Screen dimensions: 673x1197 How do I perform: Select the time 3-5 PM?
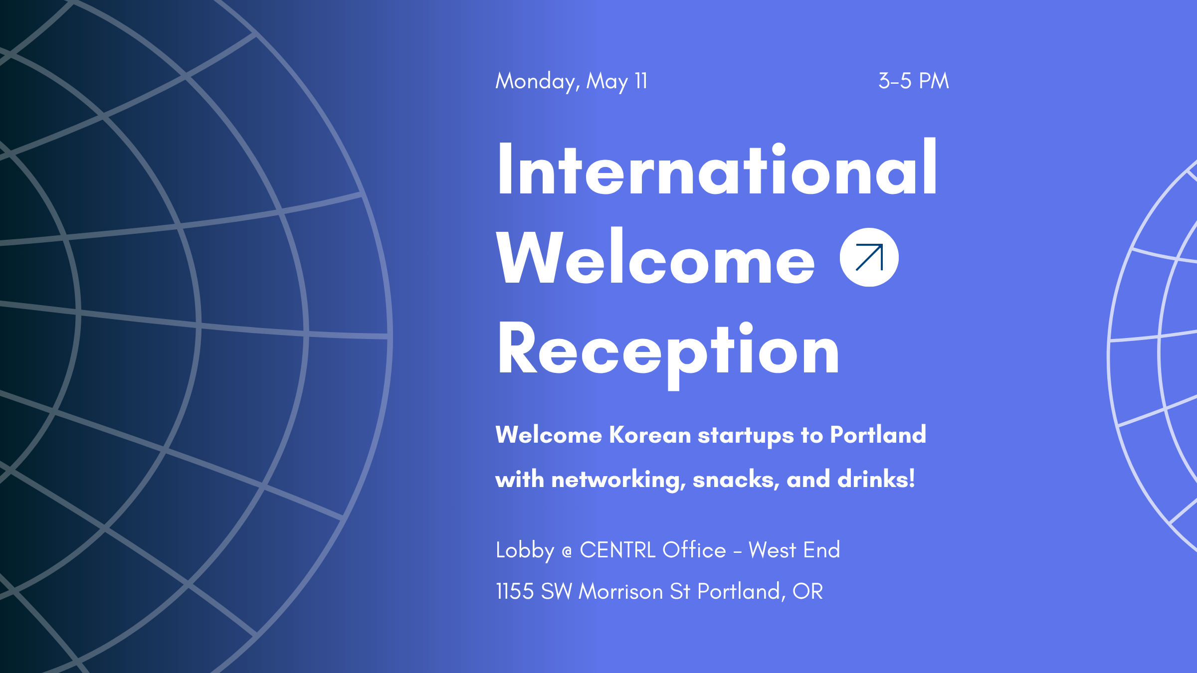tap(913, 81)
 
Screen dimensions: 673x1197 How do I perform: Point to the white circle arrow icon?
tap(869, 257)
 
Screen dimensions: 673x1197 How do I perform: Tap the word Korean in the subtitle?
tap(650, 435)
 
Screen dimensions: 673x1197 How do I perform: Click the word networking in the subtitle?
tap(618, 480)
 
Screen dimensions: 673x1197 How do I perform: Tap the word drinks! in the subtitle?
tap(876, 479)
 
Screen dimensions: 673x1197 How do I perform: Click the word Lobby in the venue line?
tap(525, 550)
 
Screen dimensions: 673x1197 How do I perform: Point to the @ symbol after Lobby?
tap(567, 552)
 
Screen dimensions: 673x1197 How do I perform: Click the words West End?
tap(794, 550)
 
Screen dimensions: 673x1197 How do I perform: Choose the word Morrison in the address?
tap(620, 591)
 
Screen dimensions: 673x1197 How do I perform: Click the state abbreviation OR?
tap(807, 591)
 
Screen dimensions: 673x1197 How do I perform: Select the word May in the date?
tap(606, 81)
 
